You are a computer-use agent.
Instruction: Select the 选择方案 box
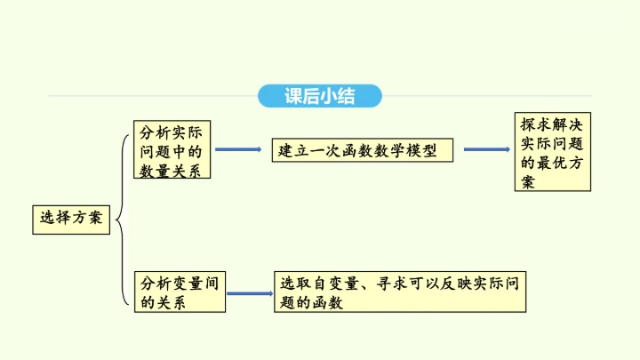[71, 218]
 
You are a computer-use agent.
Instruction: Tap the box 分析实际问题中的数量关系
[172, 150]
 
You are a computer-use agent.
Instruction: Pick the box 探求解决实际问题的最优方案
[552, 150]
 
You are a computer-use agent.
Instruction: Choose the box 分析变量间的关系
[179, 292]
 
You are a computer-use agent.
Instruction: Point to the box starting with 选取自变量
[402, 292]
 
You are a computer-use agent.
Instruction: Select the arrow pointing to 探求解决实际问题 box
[486, 149]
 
